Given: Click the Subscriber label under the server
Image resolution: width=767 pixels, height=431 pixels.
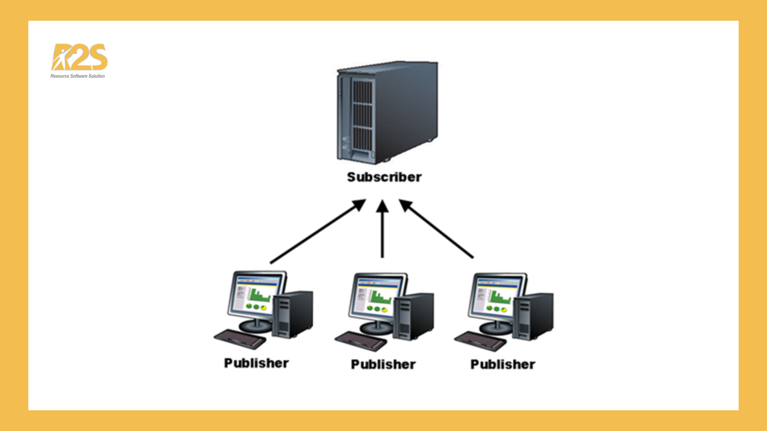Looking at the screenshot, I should coord(384,177).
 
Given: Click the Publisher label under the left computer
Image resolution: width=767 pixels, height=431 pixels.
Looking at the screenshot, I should coord(256,363).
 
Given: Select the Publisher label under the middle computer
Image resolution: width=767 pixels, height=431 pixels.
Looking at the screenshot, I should coord(383,364).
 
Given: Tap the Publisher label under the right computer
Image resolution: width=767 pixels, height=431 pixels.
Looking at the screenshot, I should coord(503,364).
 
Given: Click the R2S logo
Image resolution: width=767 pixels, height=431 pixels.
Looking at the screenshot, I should coord(79,57).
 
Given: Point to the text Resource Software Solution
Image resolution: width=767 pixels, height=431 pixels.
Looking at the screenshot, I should coord(77,76).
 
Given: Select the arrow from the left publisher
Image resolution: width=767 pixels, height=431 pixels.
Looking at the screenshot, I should coord(316,233).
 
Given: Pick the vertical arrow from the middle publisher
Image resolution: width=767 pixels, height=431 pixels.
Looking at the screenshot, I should coord(382,235).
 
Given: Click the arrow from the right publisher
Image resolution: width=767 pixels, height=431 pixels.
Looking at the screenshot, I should coord(439,231).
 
